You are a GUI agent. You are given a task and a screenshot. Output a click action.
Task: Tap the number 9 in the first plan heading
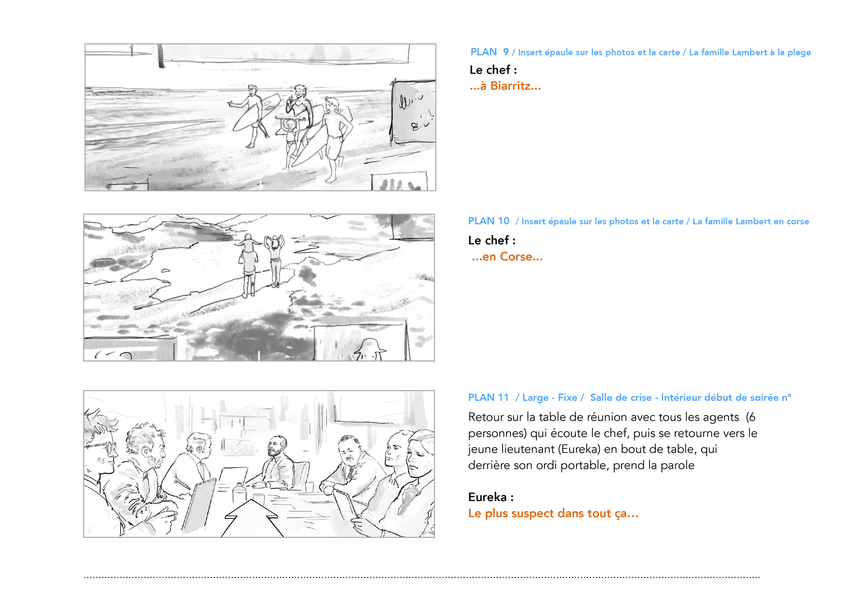click(506, 52)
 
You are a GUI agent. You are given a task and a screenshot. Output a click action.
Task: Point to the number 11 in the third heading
click(503, 397)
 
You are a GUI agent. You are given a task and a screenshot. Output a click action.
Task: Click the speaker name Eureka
click(488, 497)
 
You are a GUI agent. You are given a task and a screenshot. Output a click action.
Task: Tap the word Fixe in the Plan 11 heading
click(567, 397)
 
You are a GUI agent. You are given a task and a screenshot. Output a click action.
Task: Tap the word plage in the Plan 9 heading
click(799, 52)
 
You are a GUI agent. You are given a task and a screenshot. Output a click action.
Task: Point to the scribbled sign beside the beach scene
click(413, 112)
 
